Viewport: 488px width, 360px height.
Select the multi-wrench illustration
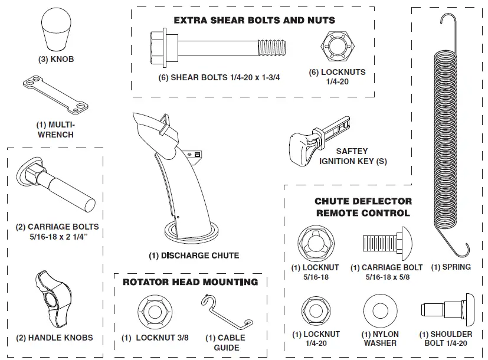tap(54, 97)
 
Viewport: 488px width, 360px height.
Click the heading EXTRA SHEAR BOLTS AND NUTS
tap(254, 20)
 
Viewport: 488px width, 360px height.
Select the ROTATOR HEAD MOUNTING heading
tap(190, 282)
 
